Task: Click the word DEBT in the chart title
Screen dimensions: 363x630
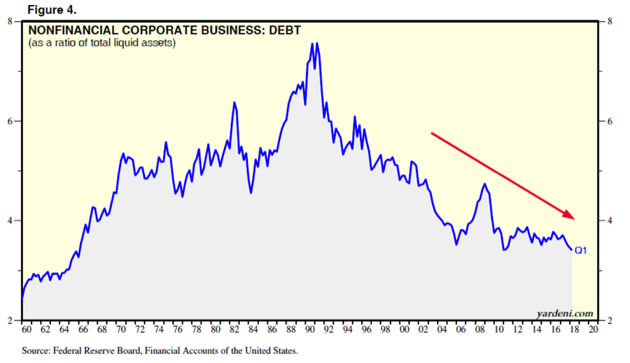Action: tap(285, 31)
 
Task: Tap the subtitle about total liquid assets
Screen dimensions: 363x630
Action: tap(101, 43)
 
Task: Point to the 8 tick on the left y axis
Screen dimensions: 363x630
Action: tap(10, 22)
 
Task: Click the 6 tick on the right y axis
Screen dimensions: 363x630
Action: tap(610, 121)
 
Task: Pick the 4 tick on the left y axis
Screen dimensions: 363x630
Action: tap(10, 221)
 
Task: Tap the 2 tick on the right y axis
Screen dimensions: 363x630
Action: tap(610, 320)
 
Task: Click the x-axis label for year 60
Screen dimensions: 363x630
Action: tap(27, 329)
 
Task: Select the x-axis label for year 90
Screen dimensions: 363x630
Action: tap(309, 329)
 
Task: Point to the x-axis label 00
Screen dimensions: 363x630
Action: tap(404, 329)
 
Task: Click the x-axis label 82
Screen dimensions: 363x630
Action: tap(234, 329)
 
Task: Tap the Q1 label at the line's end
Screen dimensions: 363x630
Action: tap(580, 249)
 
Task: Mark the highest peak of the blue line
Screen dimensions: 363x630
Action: tap(312, 43)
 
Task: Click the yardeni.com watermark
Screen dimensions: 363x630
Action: tap(565, 313)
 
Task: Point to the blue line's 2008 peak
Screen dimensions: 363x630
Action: tap(484, 184)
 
